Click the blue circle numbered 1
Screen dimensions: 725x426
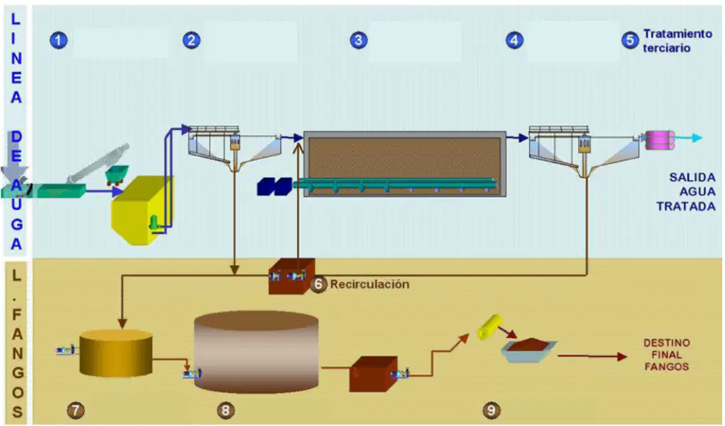(x=59, y=40)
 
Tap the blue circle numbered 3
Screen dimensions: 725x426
(x=359, y=40)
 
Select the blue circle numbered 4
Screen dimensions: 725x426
(x=514, y=40)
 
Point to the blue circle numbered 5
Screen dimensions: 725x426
(x=630, y=40)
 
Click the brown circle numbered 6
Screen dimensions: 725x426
(x=318, y=284)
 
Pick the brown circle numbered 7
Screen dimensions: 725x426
(x=76, y=410)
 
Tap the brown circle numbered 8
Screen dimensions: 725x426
(x=225, y=410)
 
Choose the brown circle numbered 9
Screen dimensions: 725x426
(x=491, y=410)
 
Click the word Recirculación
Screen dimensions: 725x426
(x=369, y=284)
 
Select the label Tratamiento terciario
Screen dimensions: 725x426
(x=678, y=41)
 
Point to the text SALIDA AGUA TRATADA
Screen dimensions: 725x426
(x=686, y=191)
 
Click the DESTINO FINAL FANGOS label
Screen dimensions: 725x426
(x=666, y=355)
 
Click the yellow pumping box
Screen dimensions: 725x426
(x=142, y=210)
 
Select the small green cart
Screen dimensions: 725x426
(x=116, y=174)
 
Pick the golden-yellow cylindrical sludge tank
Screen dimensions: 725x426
(x=116, y=353)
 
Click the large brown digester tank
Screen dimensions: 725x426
(x=256, y=352)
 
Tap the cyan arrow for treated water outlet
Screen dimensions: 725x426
(x=688, y=137)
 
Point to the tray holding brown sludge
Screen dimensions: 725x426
(x=529, y=350)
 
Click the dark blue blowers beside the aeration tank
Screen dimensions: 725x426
(x=275, y=187)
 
